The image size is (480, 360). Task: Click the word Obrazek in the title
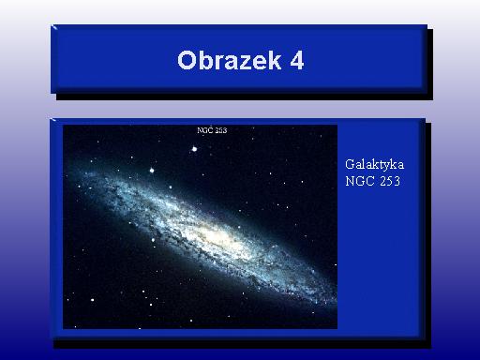[230, 60]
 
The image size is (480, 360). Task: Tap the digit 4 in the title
[297, 60]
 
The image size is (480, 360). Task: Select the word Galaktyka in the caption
[374, 165]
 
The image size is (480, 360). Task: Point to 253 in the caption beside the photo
[390, 181]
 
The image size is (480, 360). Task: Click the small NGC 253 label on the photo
[212, 130]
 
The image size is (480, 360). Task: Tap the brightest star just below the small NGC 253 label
[194, 149]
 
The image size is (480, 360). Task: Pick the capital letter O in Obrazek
[186, 60]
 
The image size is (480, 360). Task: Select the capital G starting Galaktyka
[350, 164]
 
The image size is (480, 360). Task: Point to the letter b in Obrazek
[204, 60]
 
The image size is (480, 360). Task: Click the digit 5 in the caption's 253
[390, 181]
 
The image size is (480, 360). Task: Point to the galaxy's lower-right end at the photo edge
[335, 301]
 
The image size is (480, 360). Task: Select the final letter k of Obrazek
[275, 60]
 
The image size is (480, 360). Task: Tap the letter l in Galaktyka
[364, 164]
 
